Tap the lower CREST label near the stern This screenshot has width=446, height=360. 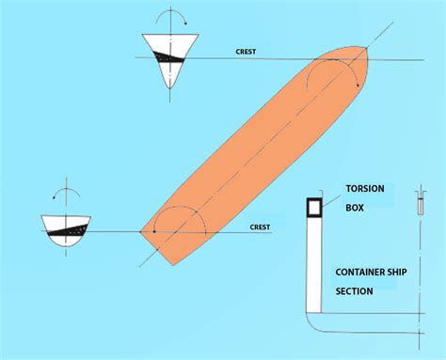tap(260, 227)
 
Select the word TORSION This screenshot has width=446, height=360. tap(365, 188)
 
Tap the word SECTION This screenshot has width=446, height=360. tap(355, 290)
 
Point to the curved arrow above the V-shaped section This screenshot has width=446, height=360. tap(169, 18)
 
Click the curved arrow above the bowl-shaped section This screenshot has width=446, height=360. tap(65, 193)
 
